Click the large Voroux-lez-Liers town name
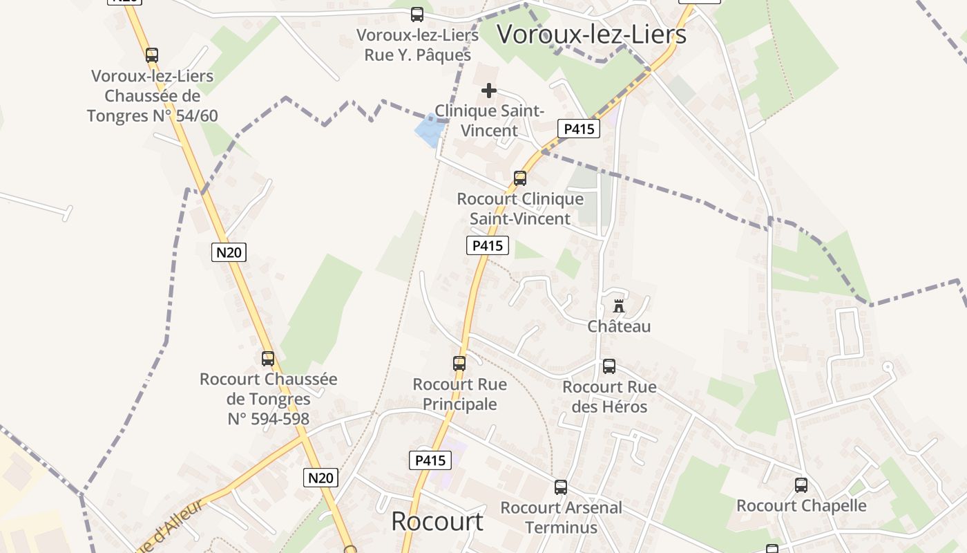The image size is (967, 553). (x=591, y=34)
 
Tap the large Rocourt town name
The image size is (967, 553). (x=437, y=521)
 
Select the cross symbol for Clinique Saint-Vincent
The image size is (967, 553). (x=489, y=91)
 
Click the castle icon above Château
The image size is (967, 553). (x=619, y=306)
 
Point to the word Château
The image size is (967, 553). (x=619, y=326)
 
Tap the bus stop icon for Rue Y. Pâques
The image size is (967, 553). (x=417, y=14)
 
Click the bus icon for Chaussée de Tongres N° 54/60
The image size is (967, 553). (x=152, y=55)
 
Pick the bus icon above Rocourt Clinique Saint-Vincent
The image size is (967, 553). (x=520, y=178)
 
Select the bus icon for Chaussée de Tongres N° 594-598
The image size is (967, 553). (x=268, y=358)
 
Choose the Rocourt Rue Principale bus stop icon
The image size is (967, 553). (x=459, y=363)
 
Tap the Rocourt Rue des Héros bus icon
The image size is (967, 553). (x=609, y=366)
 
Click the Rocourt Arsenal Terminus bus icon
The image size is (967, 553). (x=561, y=487)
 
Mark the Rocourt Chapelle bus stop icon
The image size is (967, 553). (x=801, y=485)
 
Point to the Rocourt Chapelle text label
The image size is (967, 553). (x=801, y=505)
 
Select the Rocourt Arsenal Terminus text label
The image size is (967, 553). (x=561, y=517)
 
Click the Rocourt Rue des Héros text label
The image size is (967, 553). (x=609, y=396)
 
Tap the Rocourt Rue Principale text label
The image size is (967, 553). (x=459, y=394)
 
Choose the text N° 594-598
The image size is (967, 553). (x=268, y=418)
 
